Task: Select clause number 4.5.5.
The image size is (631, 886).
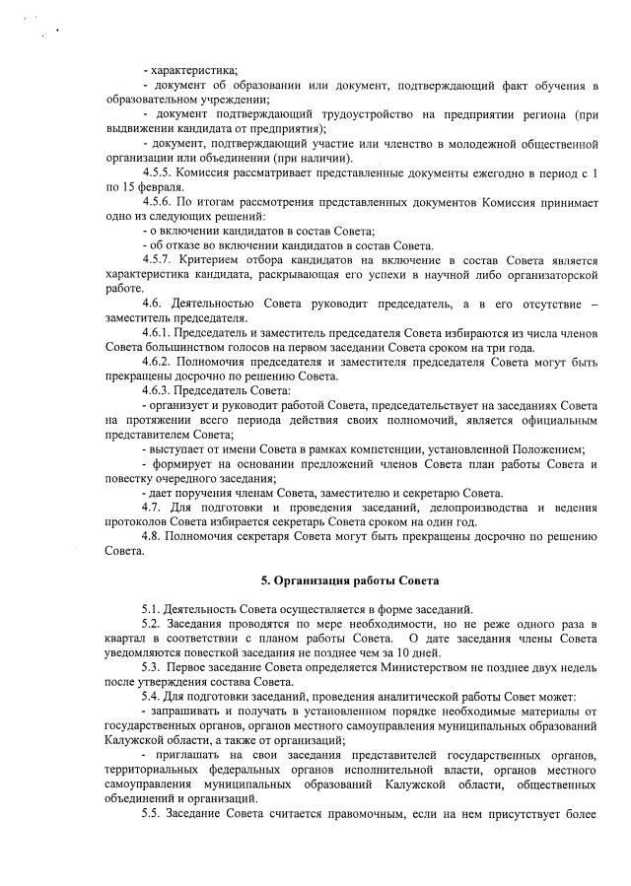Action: pos(158,172)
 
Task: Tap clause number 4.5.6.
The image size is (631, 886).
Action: pos(158,202)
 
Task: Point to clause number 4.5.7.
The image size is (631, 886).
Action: pos(158,259)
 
